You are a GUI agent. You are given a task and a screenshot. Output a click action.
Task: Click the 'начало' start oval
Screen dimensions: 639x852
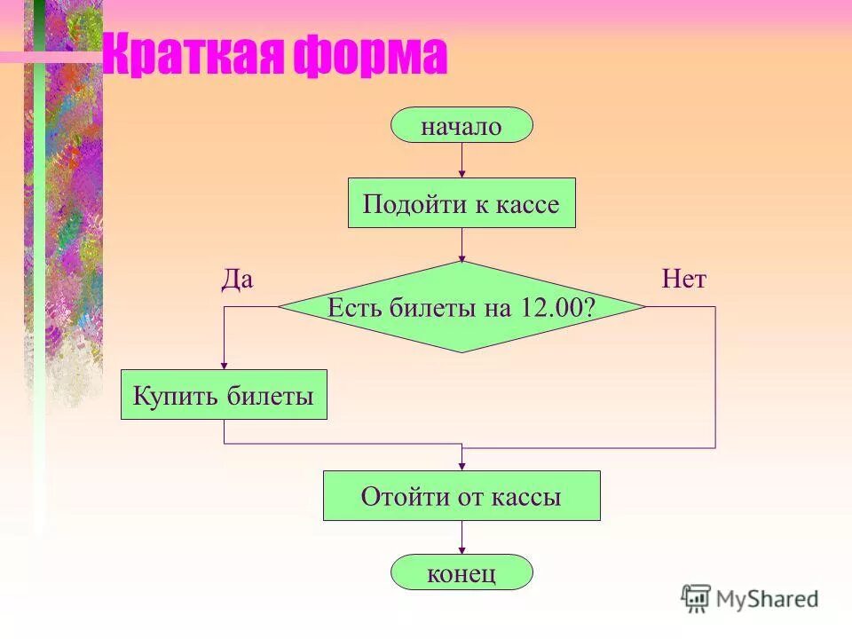[x=461, y=126]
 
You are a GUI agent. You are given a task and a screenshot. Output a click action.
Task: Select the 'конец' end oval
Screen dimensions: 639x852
[x=461, y=572]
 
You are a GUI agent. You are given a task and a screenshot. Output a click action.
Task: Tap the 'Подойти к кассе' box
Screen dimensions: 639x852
[x=461, y=203]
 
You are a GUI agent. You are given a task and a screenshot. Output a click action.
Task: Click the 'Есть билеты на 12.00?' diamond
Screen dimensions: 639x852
[x=461, y=307]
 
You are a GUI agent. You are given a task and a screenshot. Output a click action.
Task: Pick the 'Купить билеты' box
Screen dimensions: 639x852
[x=224, y=395]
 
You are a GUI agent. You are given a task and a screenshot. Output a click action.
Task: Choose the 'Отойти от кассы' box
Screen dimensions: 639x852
[x=461, y=496]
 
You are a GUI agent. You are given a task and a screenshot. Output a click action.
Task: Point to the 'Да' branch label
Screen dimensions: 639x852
[x=237, y=280]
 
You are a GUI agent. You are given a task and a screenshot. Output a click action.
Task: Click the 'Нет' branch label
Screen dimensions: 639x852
[x=683, y=280]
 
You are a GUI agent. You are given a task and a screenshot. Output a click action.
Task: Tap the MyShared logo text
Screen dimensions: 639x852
[x=767, y=599]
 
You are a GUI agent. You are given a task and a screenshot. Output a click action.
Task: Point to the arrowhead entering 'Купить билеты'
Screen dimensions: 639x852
[x=224, y=364]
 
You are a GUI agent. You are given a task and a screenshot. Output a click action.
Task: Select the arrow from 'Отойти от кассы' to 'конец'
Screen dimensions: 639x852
[x=461, y=537]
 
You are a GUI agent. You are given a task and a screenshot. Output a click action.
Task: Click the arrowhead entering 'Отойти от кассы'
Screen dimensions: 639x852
[x=461, y=466]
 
